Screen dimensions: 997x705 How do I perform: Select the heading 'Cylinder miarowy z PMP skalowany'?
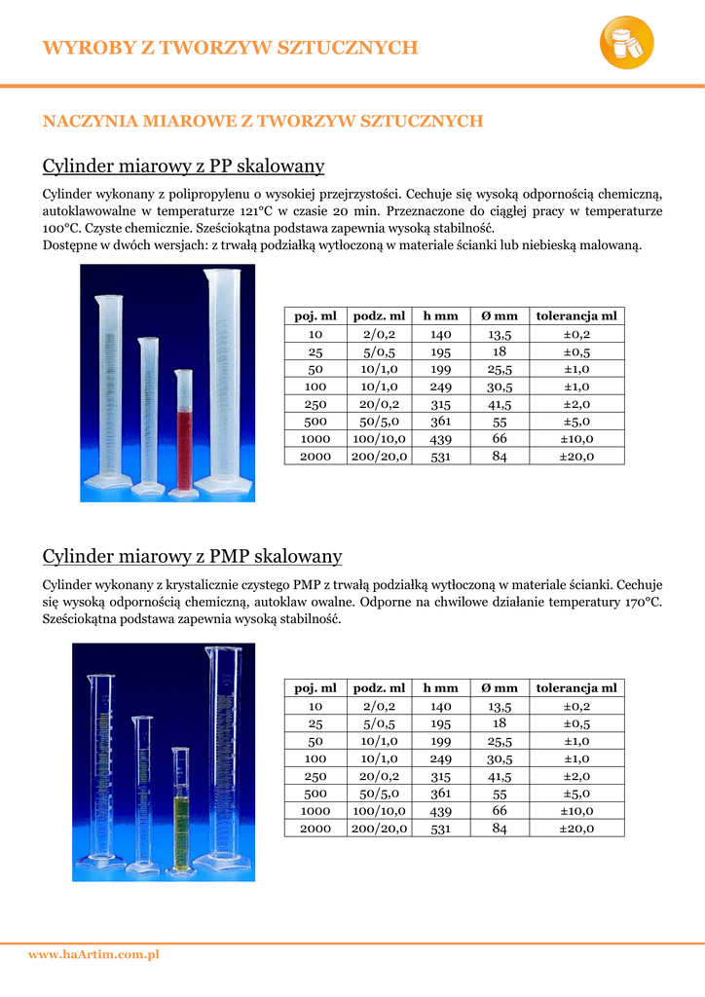pyautogui.click(x=192, y=556)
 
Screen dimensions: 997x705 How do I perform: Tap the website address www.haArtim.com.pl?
pyautogui.click(x=93, y=955)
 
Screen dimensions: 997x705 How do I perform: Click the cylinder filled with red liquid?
pyautogui.click(x=183, y=428)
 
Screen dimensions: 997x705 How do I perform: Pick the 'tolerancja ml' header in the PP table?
pyautogui.click(x=576, y=315)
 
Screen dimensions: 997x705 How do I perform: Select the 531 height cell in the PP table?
pyautogui.click(x=440, y=456)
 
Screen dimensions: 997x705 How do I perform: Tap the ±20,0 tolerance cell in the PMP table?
pyautogui.click(x=576, y=828)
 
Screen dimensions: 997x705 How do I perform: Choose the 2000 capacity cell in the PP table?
pyautogui.click(x=315, y=456)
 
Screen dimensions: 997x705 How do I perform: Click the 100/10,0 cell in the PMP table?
pyautogui.click(x=380, y=810)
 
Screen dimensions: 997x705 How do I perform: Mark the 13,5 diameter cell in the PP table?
pyautogui.click(x=500, y=334)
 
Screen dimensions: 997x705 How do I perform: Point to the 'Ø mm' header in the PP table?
pyautogui.click(x=500, y=315)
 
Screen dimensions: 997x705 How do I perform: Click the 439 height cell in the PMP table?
pyautogui.click(x=440, y=810)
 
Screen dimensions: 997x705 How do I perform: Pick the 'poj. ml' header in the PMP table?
pyautogui.click(x=315, y=687)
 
